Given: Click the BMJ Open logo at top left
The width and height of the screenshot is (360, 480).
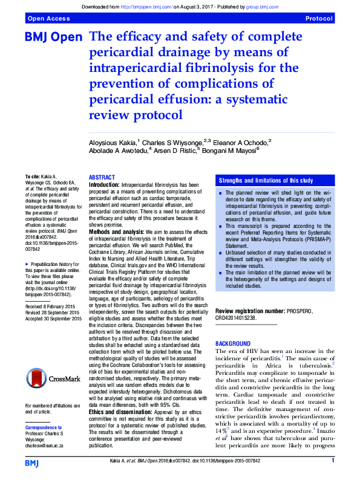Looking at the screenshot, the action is point(53,38).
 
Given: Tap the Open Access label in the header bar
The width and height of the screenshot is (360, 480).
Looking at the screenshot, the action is point(46,19).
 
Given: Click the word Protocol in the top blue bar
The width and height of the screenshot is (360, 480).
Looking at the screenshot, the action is point(319,19).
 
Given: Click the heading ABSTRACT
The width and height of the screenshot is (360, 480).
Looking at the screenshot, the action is point(102,177).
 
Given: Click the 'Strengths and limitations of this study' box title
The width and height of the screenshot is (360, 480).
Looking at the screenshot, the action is point(266,180).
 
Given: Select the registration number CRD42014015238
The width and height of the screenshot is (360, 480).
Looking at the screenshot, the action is point(241,317).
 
